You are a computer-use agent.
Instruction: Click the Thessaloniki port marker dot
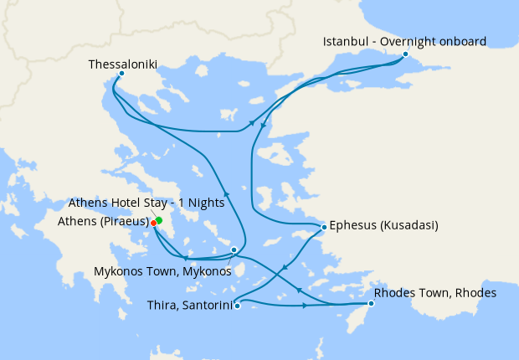[121, 73]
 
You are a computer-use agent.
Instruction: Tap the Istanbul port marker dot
[405, 54]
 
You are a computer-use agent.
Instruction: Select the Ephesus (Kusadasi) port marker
[324, 227]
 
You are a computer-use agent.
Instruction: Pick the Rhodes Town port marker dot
[371, 303]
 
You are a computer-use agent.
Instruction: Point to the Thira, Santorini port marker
[238, 306]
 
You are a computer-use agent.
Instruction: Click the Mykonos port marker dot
[234, 249]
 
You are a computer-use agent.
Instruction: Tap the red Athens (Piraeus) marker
[154, 224]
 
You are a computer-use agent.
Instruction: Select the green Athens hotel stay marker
[158, 220]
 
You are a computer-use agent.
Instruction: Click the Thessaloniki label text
[122, 63]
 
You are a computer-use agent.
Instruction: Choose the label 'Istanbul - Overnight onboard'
[405, 41]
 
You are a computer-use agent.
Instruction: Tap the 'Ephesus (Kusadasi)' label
[384, 225]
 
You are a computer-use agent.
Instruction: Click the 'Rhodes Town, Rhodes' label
[435, 293]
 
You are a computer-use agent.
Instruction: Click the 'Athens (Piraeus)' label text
[104, 222]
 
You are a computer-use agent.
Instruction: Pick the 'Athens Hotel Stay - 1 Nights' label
[146, 203]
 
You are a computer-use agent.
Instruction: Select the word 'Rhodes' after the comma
[475, 293]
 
